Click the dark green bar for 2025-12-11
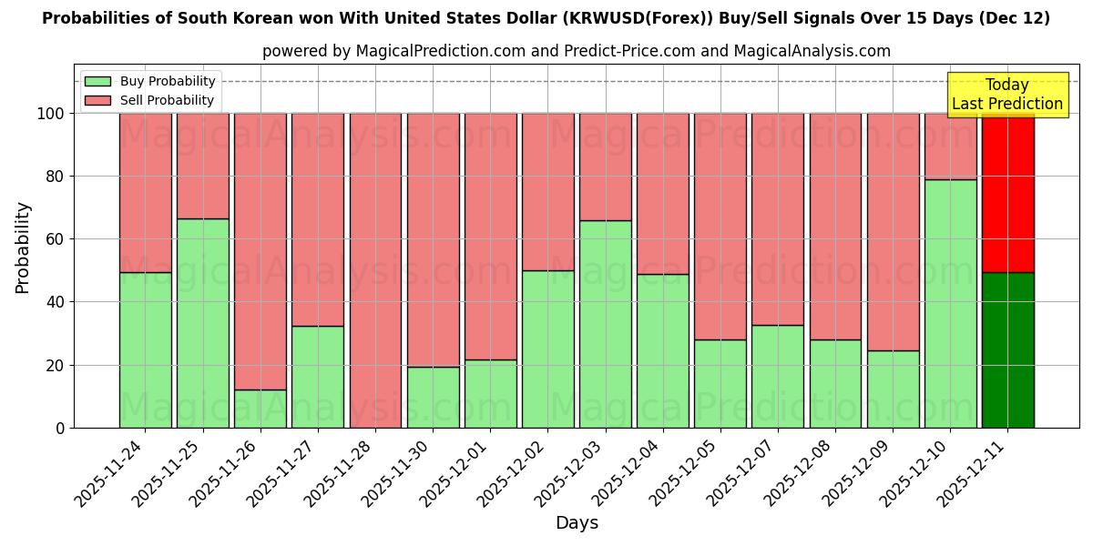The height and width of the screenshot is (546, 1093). (1007, 349)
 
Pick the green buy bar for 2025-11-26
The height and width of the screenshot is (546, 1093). (260, 409)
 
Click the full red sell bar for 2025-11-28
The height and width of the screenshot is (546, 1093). (375, 270)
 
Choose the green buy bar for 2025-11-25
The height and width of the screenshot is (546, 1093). (203, 323)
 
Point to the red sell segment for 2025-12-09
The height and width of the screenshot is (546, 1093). (893, 231)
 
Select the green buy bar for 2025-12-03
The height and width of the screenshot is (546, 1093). (605, 324)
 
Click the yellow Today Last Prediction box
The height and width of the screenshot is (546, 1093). (1006, 95)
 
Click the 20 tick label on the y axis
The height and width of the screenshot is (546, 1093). (55, 365)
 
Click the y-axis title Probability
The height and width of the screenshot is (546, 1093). (23, 247)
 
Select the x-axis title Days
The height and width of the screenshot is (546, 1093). (577, 523)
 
